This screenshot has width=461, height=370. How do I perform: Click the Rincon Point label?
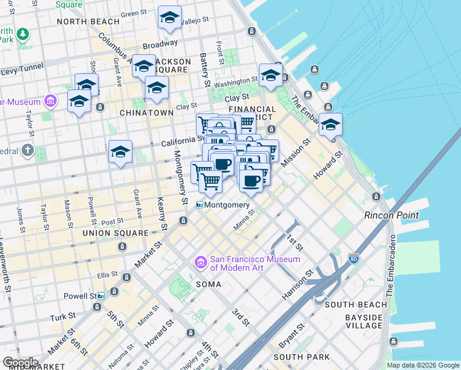tap(391, 215)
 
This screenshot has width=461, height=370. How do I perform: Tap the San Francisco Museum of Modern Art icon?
tap(200, 263)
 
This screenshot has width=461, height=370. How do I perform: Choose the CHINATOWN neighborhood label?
tap(146, 113)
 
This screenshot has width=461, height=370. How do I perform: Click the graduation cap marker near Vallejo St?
tap(169, 18)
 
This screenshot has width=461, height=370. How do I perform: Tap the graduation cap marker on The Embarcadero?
tap(330, 124)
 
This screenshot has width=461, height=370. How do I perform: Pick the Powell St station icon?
tap(100, 295)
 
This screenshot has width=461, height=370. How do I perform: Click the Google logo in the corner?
tap(20, 363)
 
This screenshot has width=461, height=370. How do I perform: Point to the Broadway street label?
tap(160, 45)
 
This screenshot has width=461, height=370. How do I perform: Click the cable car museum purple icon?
tap(51, 101)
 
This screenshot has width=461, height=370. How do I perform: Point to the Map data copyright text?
tap(422, 365)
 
